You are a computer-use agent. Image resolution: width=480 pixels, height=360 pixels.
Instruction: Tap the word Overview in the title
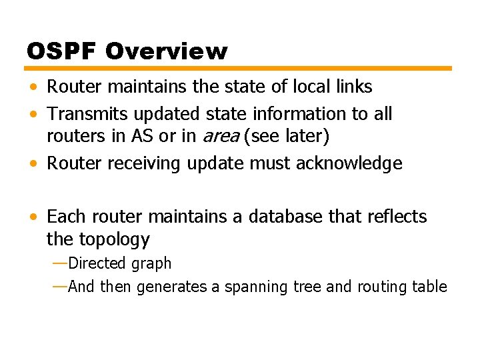[166, 51]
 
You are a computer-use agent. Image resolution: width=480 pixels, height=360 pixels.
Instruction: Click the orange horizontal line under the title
[239, 68]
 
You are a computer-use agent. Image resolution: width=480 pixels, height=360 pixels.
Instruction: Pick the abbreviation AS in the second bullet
[142, 136]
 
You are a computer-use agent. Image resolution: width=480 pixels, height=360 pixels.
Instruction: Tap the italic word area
[220, 136]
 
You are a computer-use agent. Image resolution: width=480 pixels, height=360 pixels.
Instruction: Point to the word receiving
[134, 163]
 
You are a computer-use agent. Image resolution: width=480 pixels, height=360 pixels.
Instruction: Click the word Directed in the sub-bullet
[97, 263]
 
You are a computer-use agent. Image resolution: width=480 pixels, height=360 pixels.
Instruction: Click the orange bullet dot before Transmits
[33, 115]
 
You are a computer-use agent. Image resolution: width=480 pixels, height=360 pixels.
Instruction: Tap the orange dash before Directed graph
[59, 263]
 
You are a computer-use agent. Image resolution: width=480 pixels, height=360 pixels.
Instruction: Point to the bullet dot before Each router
[33, 217]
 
